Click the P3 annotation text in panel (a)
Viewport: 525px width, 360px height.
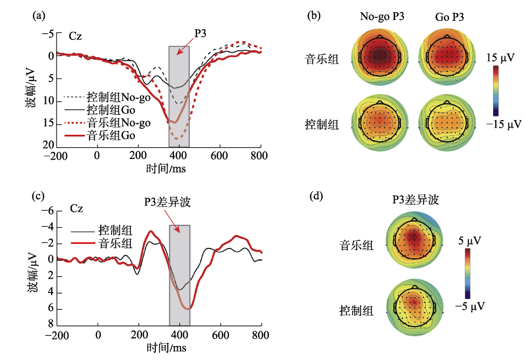coord(201,33)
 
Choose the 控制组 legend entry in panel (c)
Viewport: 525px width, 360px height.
coord(115,230)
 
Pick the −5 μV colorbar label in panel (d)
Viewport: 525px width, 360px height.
coord(471,307)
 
